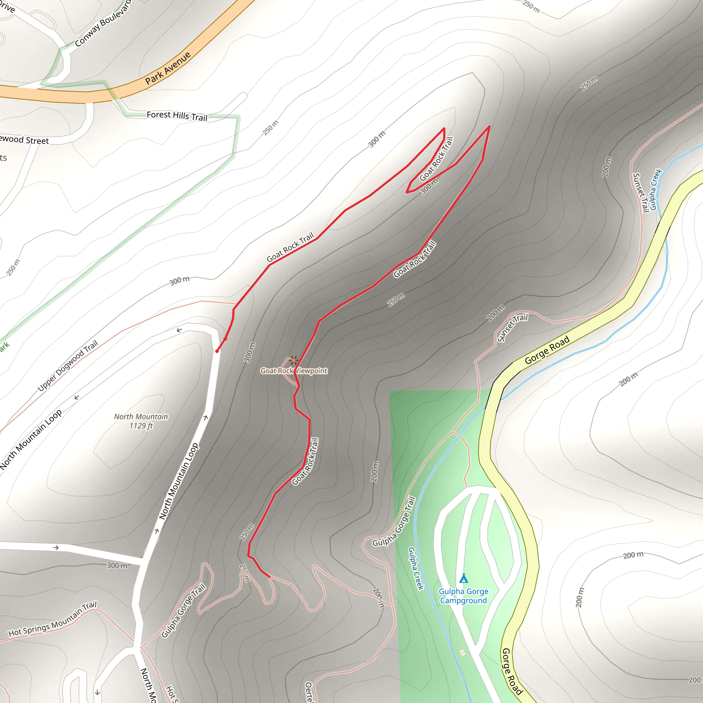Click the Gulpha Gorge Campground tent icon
(x=463, y=578)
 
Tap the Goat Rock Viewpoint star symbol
(x=293, y=360)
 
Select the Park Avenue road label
(x=168, y=68)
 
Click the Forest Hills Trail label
(x=177, y=116)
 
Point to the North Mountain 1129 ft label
(x=141, y=421)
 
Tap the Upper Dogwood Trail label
(x=68, y=365)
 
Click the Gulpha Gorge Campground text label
(x=463, y=596)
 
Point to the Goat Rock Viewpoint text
(x=293, y=371)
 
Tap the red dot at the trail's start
(x=217, y=351)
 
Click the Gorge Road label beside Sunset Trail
(x=546, y=350)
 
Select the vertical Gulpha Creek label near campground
(x=416, y=568)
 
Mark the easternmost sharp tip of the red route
(x=489, y=126)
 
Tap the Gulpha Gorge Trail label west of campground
(x=394, y=521)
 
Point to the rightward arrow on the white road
(x=56, y=548)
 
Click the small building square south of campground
(x=462, y=653)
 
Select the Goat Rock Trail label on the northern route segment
(x=290, y=248)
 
